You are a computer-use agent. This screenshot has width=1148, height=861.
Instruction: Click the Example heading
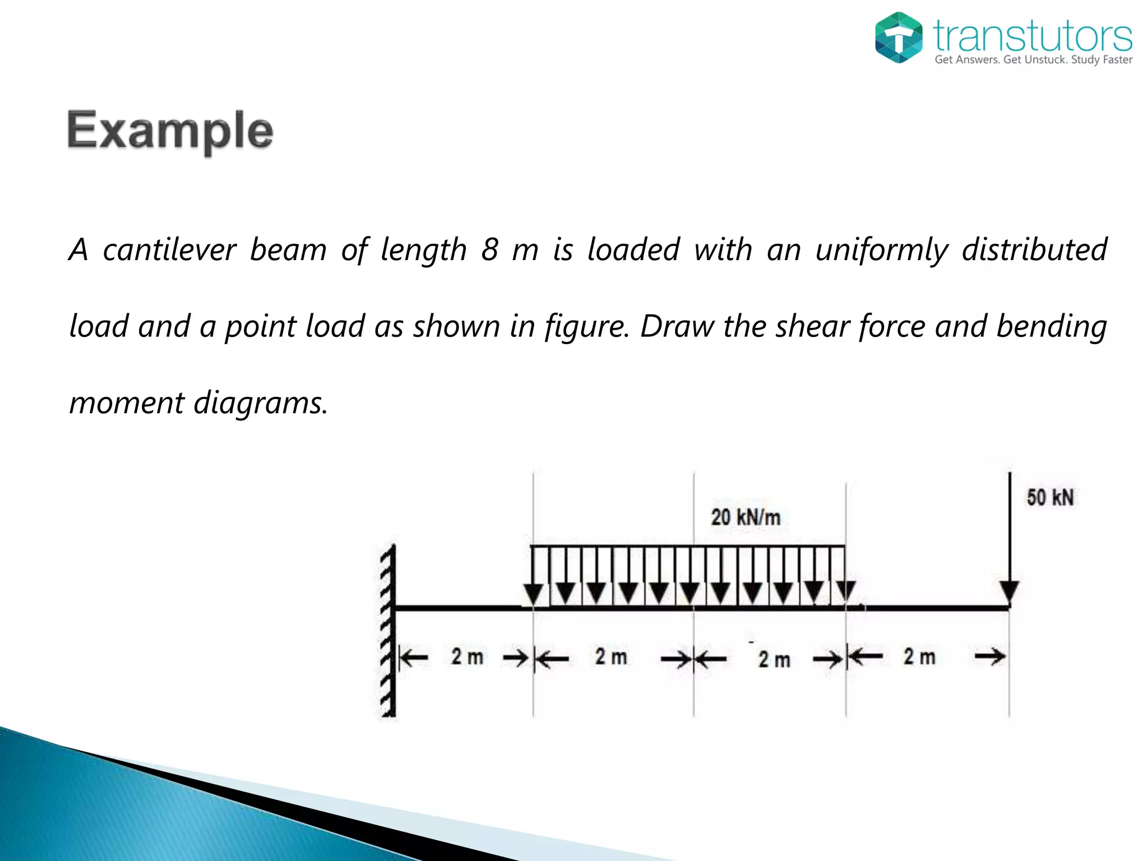click(x=170, y=130)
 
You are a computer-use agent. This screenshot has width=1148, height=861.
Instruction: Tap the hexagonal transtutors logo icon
click(x=899, y=38)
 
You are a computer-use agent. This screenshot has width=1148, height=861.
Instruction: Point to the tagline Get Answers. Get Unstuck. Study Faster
click(x=1033, y=60)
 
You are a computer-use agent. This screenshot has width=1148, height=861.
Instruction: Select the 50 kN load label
click(x=1050, y=498)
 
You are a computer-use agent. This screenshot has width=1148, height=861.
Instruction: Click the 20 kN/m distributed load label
click(x=746, y=517)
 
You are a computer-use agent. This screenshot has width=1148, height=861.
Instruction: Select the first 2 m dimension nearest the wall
click(x=467, y=657)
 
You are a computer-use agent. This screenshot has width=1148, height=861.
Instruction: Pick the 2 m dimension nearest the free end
click(x=919, y=656)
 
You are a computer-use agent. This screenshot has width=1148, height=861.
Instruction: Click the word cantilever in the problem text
click(x=169, y=249)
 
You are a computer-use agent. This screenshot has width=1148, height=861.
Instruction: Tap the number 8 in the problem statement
click(x=489, y=249)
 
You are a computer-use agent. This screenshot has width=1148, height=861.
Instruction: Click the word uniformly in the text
click(x=882, y=251)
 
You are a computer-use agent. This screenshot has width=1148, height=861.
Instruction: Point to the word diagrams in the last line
click(x=261, y=403)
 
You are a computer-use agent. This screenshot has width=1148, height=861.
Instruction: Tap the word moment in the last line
click(x=127, y=403)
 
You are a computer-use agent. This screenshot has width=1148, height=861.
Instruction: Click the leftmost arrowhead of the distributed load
click(x=533, y=593)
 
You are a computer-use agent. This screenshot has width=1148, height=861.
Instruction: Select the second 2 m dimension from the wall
click(x=611, y=657)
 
